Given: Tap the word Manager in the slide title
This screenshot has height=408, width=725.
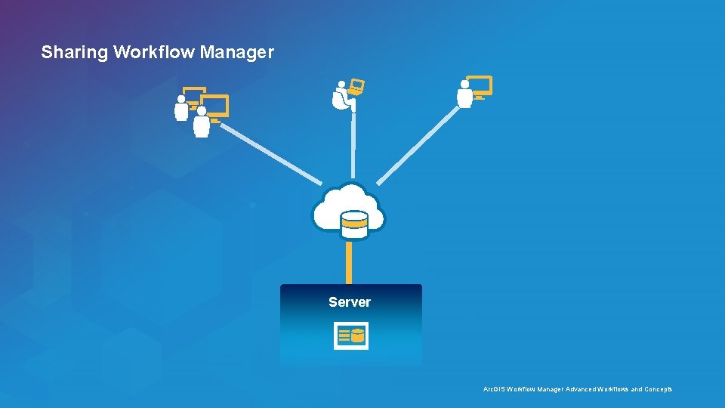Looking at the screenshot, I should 237,53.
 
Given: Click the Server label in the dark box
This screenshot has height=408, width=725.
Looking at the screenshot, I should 350,302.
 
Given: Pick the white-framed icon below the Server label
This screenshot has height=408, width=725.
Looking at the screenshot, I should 351,336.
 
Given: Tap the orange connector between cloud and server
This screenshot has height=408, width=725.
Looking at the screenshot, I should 350,261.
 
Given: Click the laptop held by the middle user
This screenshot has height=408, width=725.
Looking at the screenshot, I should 356,87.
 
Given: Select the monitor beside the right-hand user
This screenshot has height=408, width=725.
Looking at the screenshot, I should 480,86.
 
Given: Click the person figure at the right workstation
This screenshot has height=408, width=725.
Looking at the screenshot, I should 464,94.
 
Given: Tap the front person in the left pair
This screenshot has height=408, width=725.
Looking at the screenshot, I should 202,122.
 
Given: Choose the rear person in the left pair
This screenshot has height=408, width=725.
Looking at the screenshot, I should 181,108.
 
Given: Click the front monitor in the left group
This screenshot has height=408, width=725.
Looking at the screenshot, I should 215,107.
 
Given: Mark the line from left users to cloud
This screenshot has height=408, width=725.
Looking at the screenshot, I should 272,153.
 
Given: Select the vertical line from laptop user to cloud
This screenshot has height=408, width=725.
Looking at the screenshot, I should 353,147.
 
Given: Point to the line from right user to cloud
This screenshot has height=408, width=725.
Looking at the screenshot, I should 418,145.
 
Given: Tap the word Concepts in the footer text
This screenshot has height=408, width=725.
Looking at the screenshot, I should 657,389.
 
